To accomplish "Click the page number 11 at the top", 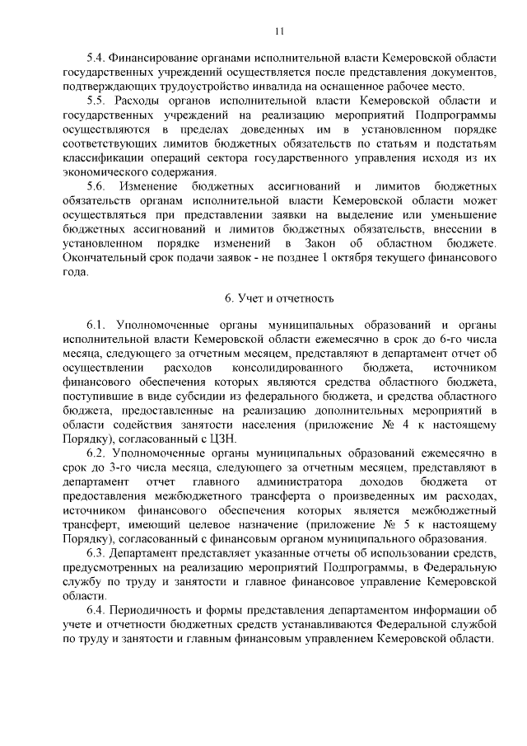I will click(279, 31).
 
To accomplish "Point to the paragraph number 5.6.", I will click(97, 186).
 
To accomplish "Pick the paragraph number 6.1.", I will click(97, 325).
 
